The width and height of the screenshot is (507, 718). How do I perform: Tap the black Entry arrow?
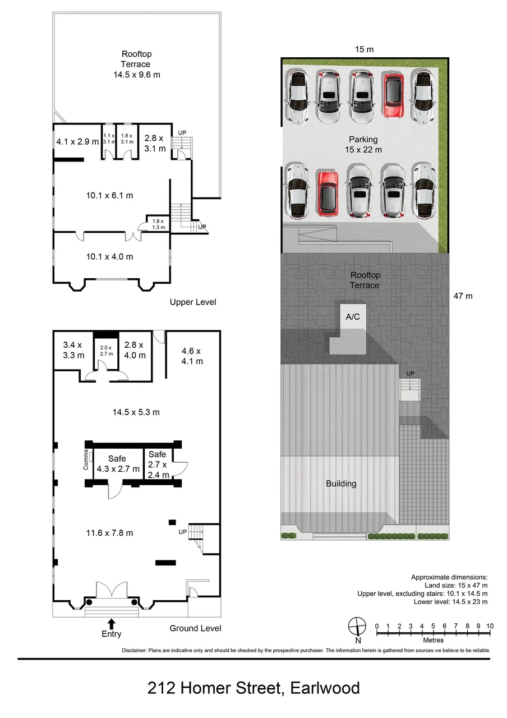coord(111,624)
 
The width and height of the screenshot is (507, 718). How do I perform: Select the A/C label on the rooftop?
coord(353,317)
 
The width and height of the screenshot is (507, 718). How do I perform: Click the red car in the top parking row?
coord(393,95)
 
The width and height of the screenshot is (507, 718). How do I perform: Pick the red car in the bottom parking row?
coord(328,194)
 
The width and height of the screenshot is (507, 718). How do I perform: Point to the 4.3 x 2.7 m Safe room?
coord(117,464)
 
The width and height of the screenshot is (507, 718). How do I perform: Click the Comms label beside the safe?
coord(86,459)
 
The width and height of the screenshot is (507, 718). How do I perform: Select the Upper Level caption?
coord(193,302)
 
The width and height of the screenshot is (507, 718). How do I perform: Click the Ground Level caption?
coord(195,628)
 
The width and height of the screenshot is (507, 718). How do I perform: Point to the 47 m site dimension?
coord(463,296)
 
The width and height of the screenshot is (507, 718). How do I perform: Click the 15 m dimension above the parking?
coord(364,49)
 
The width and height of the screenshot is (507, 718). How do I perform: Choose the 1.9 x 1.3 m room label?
coord(158,224)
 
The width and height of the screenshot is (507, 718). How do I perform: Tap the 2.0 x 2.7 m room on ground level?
coord(106,351)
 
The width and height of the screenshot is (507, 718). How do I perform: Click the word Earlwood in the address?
coord(325,688)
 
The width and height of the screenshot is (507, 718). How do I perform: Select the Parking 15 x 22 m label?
coord(363,145)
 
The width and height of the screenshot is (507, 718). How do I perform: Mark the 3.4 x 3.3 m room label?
coord(73,350)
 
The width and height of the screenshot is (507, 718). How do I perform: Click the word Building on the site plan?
coord(341,484)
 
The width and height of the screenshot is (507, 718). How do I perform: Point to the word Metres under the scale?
coord(434,640)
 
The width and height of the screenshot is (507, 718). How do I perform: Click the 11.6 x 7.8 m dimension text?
coord(109,533)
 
